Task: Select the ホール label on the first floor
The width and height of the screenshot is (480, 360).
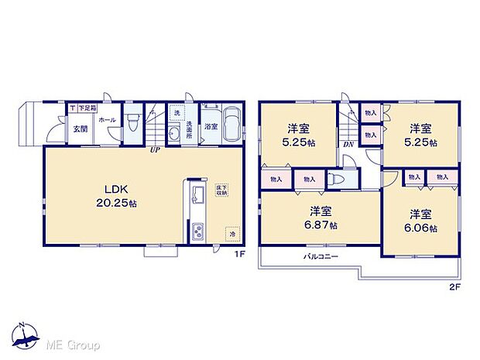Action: (x=106, y=121)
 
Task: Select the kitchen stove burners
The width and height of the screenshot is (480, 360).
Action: (x=197, y=231)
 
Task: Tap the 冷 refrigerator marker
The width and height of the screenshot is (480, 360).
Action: (x=230, y=231)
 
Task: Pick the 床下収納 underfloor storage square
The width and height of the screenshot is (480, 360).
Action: (x=221, y=190)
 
